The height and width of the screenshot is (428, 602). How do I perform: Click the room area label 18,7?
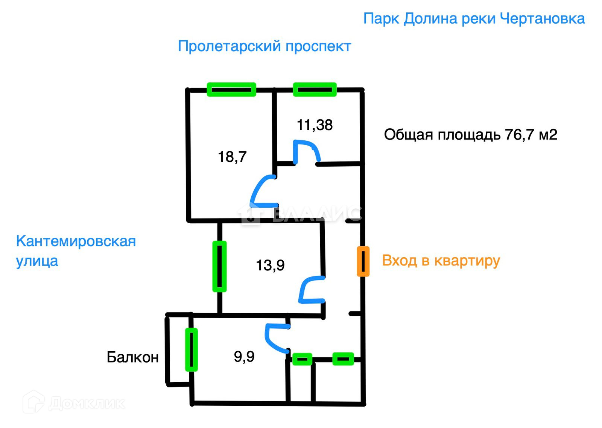click(232, 156)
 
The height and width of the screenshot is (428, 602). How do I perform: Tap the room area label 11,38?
click(315, 125)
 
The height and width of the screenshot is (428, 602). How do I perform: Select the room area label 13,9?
click(270, 265)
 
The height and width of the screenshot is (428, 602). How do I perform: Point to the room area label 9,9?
click(244, 356)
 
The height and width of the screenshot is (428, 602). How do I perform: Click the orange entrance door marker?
click(363, 261)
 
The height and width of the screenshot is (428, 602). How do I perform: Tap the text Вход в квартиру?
click(441, 260)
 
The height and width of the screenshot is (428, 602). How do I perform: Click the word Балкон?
click(132, 357)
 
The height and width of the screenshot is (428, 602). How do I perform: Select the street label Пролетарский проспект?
click(264, 46)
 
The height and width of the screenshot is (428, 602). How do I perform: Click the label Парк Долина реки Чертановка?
click(474, 18)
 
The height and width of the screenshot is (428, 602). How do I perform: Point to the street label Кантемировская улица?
click(76, 251)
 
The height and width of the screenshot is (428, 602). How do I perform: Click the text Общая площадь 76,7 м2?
click(470, 134)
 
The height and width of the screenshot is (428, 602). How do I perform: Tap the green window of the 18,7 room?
click(231, 90)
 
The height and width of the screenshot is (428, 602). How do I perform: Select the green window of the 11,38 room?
click(315, 90)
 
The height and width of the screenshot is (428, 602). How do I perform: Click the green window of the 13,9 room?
click(219, 266)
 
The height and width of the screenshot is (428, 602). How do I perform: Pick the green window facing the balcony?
click(191, 349)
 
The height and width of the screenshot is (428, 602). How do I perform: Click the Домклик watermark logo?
click(74, 403)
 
